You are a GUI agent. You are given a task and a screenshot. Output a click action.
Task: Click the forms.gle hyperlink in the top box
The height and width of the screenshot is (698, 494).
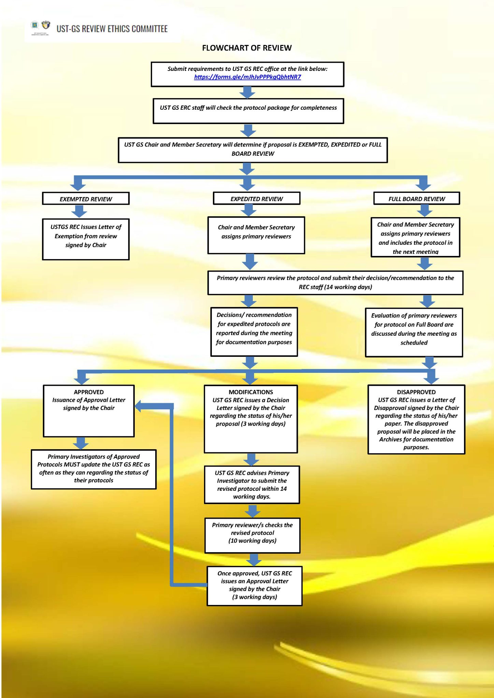[247, 77]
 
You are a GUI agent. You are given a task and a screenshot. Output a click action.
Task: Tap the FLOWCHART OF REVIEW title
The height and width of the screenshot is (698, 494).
[247, 48]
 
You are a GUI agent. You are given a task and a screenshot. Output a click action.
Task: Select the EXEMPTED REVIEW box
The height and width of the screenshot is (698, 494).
[86, 199]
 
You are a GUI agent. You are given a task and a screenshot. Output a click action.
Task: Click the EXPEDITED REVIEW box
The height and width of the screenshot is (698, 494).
[257, 198]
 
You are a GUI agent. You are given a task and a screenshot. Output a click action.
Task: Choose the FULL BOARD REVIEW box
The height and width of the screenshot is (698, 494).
[417, 198]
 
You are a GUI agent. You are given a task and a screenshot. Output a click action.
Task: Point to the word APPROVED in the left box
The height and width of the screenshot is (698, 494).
[89, 392]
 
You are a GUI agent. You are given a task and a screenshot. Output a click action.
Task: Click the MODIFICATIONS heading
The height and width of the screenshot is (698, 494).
[251, 392]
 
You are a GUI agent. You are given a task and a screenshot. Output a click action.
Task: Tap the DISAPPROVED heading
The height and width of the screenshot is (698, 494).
[416, 392]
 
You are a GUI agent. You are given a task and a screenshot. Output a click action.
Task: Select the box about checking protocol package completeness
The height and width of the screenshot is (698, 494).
[248, 111]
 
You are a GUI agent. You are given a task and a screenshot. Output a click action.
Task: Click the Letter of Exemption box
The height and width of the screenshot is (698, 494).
[86, 239]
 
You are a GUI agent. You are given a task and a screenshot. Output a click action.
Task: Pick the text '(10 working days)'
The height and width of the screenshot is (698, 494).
[252, 541]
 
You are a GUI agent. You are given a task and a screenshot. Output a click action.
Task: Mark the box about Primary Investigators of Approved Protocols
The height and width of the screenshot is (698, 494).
[93, 469]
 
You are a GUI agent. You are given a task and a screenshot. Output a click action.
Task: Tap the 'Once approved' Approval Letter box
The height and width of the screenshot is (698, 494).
[255, 586]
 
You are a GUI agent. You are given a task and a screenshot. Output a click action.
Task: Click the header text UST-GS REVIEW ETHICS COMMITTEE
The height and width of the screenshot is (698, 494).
[112, 29]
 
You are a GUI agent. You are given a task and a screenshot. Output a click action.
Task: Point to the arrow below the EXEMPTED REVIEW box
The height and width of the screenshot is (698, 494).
[79, 211]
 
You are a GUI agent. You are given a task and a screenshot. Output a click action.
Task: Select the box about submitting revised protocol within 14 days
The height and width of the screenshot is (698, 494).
[252, 485]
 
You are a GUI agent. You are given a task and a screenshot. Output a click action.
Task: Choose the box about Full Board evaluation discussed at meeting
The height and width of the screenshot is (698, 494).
[414, 333]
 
